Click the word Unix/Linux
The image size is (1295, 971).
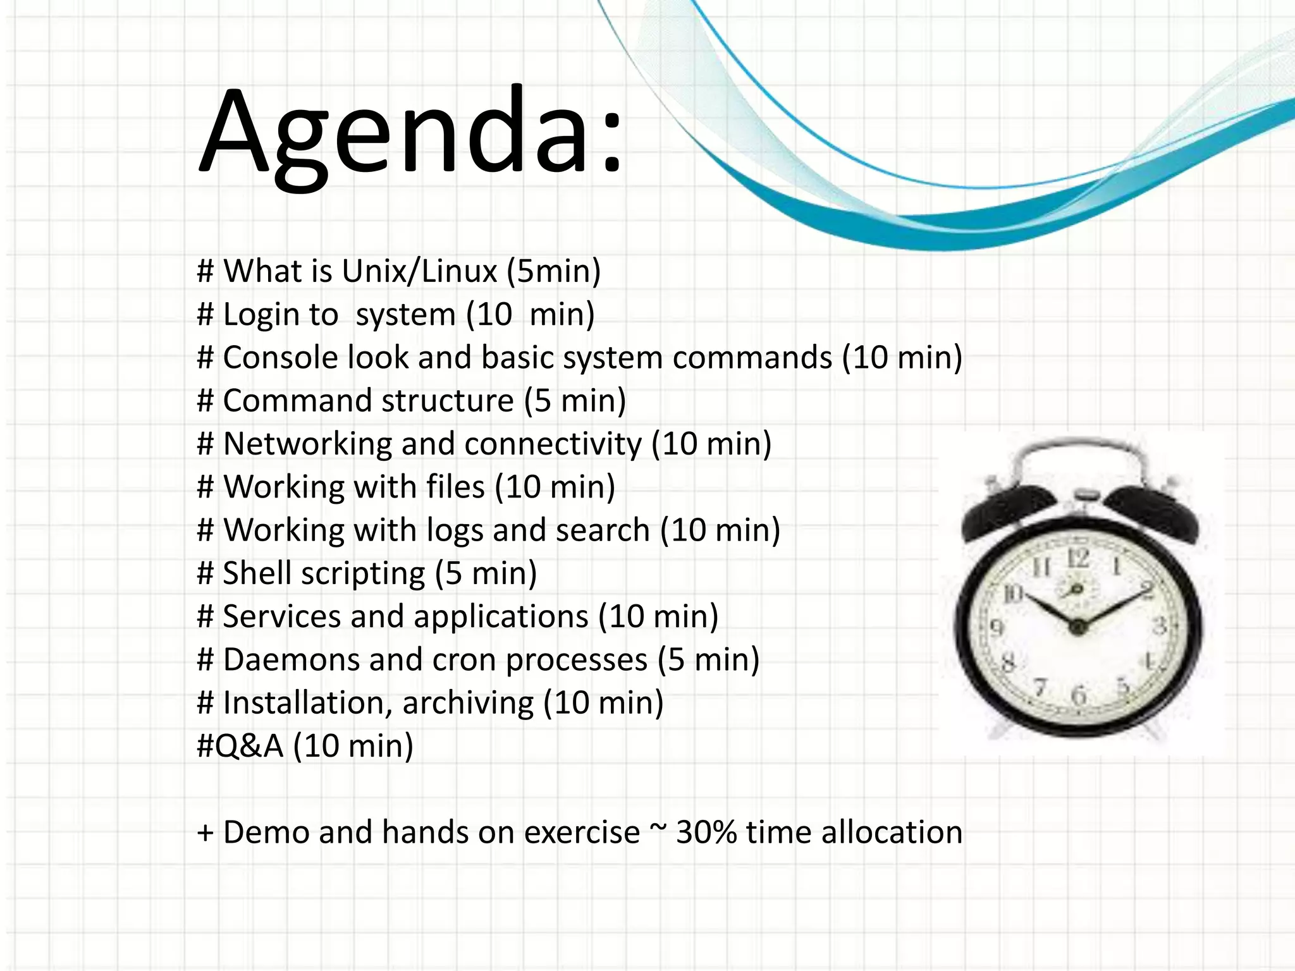click(x=419, y=271)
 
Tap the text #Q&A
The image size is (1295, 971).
click(x=240, y=746)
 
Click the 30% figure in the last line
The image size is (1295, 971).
click(x=706, y=832)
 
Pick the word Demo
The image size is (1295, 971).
click(x=266, y=832)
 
